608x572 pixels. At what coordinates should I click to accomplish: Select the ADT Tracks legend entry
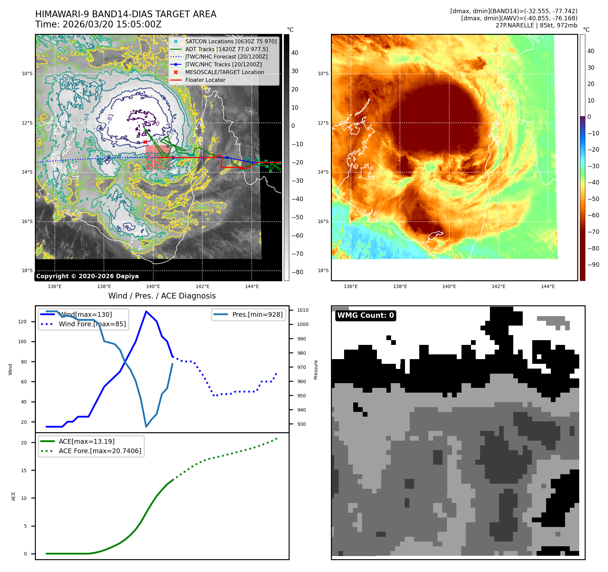[226, 49]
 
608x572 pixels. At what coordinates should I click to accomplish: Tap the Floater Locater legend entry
[205, 80]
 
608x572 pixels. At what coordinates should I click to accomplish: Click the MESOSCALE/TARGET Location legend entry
[224, 72]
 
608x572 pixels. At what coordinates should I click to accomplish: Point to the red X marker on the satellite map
[145, 142]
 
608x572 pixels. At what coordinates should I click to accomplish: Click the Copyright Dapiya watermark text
[87, 276]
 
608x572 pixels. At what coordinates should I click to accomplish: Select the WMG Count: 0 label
[365, 315]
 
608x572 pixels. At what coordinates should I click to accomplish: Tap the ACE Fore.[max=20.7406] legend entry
[100, 451]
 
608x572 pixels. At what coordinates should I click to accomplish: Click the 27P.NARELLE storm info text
[536, 25]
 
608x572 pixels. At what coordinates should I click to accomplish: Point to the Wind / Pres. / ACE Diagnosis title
[162, 296]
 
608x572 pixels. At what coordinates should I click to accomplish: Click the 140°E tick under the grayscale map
[153, 287]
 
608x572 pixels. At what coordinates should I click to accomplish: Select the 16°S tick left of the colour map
[323, 221]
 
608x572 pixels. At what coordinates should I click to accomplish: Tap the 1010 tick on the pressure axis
[302, 310]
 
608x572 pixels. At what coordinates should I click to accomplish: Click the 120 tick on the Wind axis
[22, 322]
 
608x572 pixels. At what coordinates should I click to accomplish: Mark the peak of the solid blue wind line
[146, 311]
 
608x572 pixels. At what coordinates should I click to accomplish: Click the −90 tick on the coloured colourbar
[593, 265]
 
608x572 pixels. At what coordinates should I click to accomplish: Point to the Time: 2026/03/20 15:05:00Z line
[98, 25]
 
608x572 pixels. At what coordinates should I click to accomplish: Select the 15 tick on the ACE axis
[24, 470]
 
